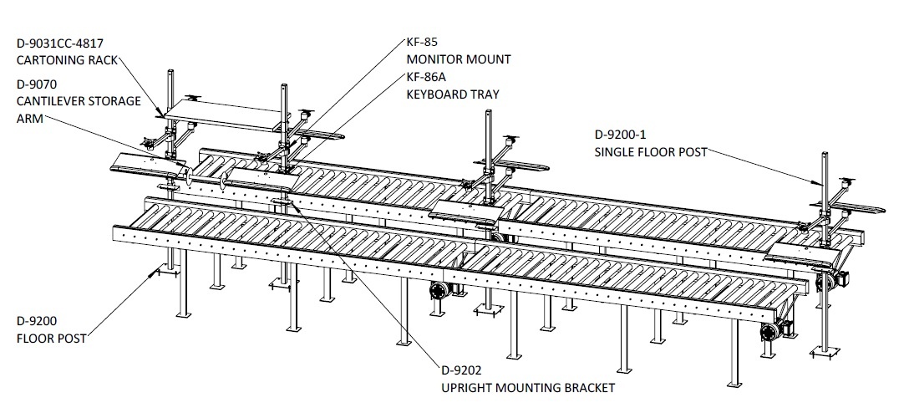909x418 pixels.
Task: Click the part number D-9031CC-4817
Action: tap(60, 43)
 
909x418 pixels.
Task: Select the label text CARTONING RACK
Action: tap(67, 60)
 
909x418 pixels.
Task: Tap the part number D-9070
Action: tap(37, 84)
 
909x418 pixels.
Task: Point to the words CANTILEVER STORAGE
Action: tap(79, 101)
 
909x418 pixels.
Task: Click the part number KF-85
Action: tap(422, 42)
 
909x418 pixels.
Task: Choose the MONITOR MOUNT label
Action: tap(459, 59)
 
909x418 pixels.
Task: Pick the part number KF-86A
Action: tap(426, 77)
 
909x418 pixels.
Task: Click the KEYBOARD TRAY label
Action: tap(453, 94)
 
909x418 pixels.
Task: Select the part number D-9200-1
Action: tap(620, 135)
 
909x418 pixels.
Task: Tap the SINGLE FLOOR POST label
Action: tap(651, 152)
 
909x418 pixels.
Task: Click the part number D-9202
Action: tap(461, 370)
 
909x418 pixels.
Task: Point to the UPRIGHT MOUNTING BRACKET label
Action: tap(528, 388)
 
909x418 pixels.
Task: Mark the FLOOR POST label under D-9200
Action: tap(52, 339)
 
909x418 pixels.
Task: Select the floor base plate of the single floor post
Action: tap(825, 351)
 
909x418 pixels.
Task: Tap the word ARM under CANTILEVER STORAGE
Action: tap(28, 119)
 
